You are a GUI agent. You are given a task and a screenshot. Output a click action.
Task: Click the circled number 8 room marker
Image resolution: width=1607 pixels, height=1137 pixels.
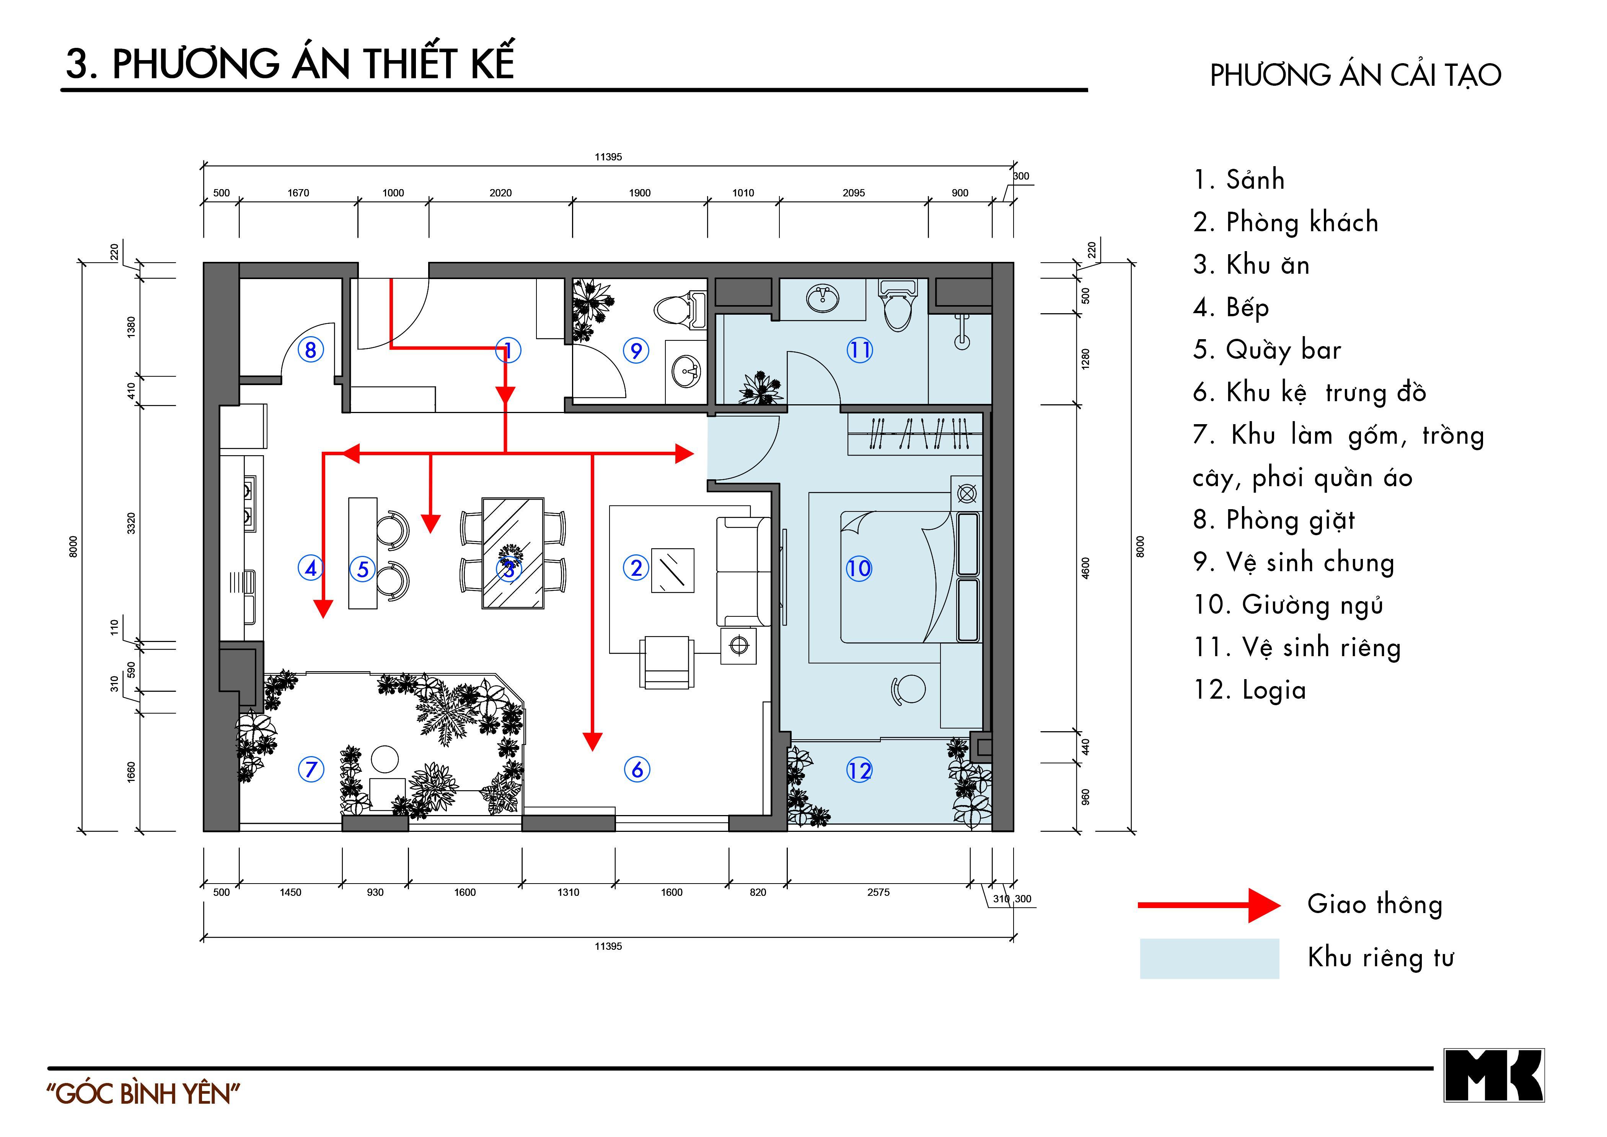pyautogui.click(x=311, y=350)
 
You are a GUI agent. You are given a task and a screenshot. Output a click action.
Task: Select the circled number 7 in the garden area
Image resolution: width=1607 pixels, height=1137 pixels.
pyautogui.click(x=311, y=769)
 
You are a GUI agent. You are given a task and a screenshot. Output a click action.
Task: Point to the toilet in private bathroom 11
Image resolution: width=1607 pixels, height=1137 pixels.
pyautogui.click(x=898, y=307)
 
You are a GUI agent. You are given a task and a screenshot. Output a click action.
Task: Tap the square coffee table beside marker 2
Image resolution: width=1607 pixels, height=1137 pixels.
pyautogui.click(x=673, y=570)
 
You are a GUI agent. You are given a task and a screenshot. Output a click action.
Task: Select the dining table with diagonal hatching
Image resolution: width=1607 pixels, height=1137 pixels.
pyautogui.click(x=513, y=553)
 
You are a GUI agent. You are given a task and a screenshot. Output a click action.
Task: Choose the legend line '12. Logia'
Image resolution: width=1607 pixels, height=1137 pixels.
pyautogui.click(x=1249, y=690)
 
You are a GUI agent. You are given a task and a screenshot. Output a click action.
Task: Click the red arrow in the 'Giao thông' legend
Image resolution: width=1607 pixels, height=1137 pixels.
pyautogui.click(x=1209, y=905)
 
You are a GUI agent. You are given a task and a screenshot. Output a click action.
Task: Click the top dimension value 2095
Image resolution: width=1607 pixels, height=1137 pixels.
pyautogui.click(x=853, y=193)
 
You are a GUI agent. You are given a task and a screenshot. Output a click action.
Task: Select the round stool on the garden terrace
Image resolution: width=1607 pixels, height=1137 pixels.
pyautogui.click(x=384, y=758)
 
